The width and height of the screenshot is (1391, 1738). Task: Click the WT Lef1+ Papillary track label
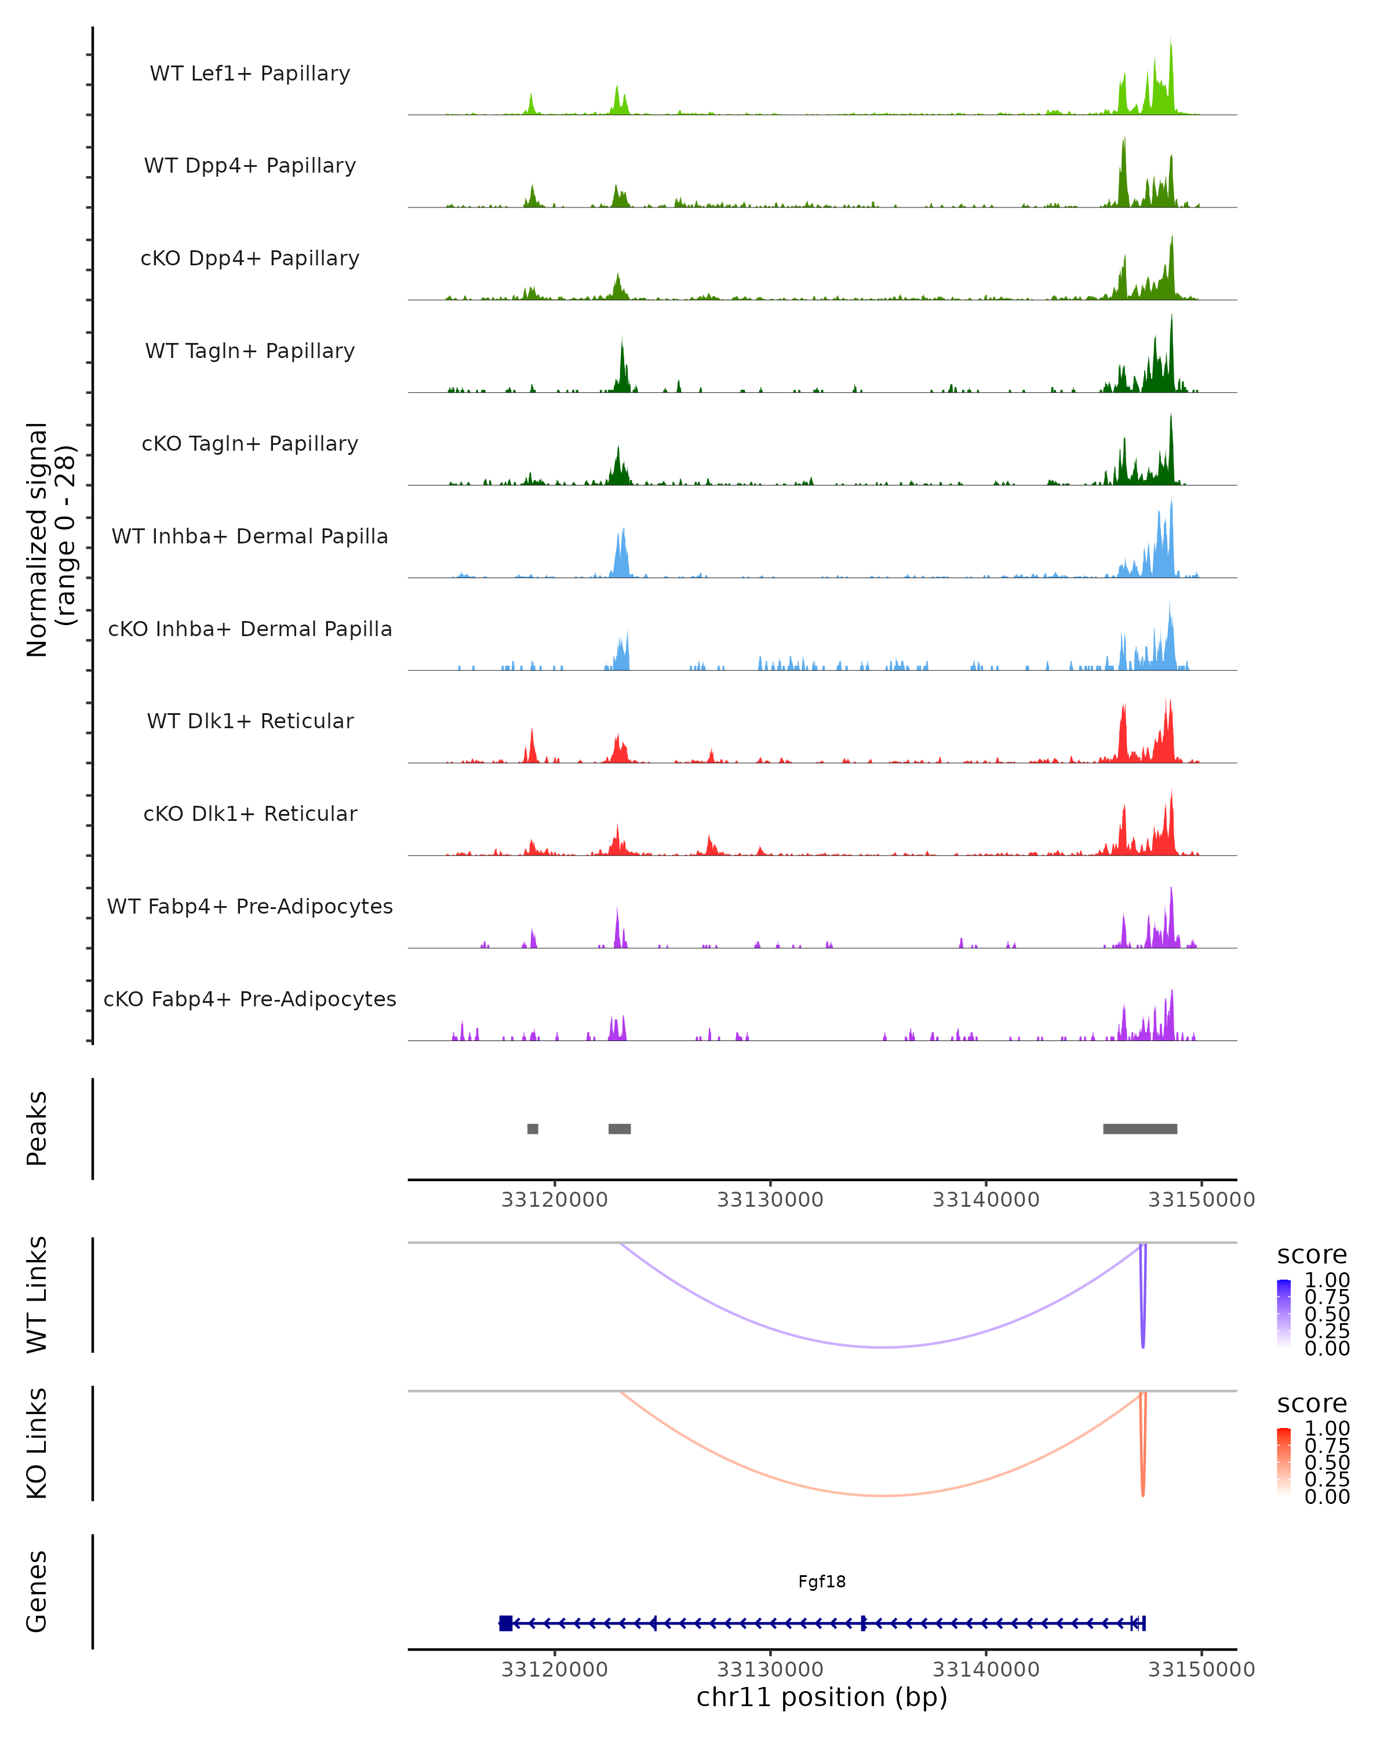pos(250,74)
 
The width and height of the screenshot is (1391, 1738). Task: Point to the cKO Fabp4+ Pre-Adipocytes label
pos(250,999)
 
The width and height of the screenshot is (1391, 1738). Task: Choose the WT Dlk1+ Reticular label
pos(250,721)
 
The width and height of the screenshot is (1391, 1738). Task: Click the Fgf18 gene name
pos(822,1582)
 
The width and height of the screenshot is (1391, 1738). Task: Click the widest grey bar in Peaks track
pos(1139,1129)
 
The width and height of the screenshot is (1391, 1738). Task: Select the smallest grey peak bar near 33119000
pos(532,1129)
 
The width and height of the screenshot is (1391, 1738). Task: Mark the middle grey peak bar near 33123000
pos(620,1129)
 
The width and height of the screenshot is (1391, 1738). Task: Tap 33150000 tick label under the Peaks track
pos(1201,1200)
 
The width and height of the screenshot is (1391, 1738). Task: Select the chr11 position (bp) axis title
pos(822,1697)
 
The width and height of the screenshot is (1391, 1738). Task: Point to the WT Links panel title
pos(37,1295)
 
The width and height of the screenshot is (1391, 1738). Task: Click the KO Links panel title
pos(37,1443)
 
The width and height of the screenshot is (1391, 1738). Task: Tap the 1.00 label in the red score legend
pos(1327,1429)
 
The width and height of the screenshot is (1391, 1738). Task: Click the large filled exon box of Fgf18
pos(505,1623)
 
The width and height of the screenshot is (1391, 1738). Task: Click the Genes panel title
pos(37,1591)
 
